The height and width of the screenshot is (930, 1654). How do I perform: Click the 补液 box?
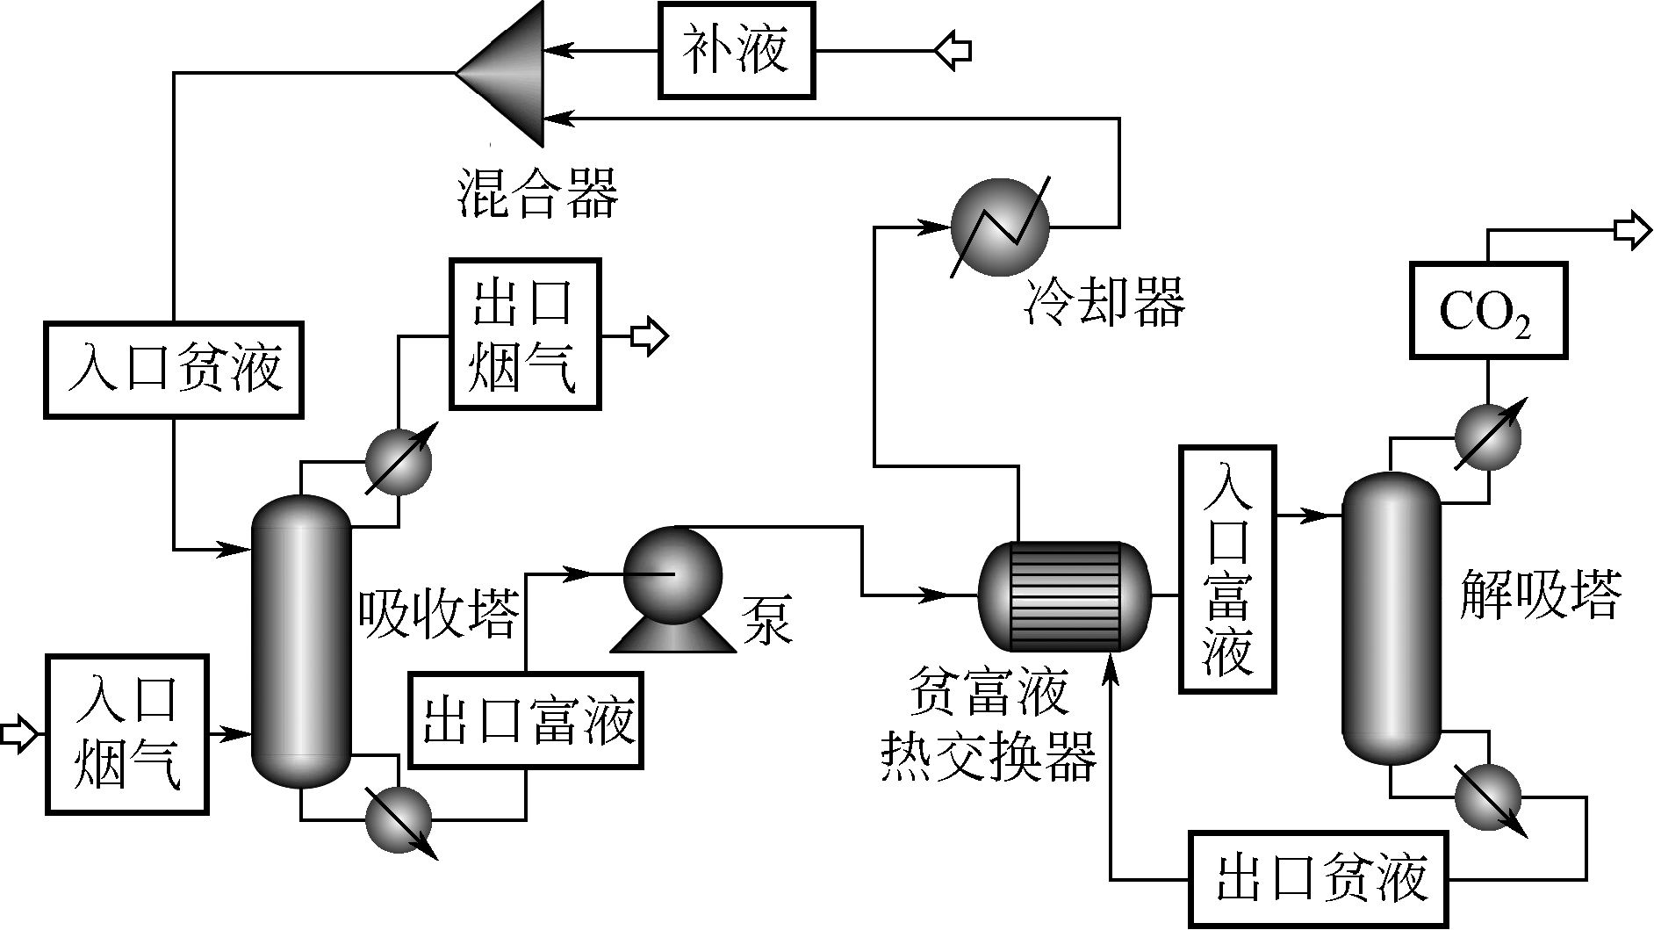[x=736, y=51]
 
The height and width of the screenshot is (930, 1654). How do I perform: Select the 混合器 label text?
[x=538, y=194]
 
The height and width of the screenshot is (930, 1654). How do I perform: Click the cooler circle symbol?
[x=1000, y=227]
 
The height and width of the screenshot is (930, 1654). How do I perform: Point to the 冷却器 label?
[x=1104, y=301]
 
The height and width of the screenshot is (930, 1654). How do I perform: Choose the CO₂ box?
[x=1487, y=310]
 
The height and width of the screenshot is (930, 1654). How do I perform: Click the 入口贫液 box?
[x=174, y=369]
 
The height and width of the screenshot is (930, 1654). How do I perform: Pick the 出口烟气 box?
[x=525, y=334]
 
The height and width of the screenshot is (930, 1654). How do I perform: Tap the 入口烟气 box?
[x=127, y=734]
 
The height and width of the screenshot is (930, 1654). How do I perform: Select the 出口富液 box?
[x=526, y=720]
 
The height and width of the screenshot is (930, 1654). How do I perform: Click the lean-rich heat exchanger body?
[x=1064, y=596]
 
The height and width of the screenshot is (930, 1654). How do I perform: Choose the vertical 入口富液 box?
[x=1227, y=571]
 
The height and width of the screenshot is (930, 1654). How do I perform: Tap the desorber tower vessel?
[x=1392, y=618]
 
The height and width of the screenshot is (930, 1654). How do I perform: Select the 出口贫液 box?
[x=1320, y=879]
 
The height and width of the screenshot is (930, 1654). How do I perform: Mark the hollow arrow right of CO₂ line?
[x=1631, y=231]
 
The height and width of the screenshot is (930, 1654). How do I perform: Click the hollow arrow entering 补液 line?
[x=953, y=49]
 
